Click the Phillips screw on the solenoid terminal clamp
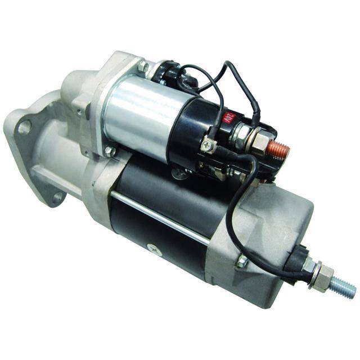click(x=209, y=145)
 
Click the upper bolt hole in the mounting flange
click(x=24, y=127)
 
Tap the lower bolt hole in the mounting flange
click(x=57, y=197)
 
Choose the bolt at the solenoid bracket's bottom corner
click(x=109, y=151)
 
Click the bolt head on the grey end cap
click(x=242, y=261)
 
